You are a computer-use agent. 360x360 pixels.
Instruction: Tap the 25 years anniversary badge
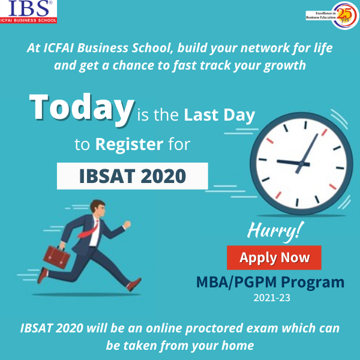coord(344,13)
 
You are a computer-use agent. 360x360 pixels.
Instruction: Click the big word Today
coord(82,107)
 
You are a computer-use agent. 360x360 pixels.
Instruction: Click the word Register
coord(129,144)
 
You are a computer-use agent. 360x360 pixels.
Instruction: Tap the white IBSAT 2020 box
coord(132,176)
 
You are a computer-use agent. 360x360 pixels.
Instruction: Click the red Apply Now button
coord(274,258)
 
